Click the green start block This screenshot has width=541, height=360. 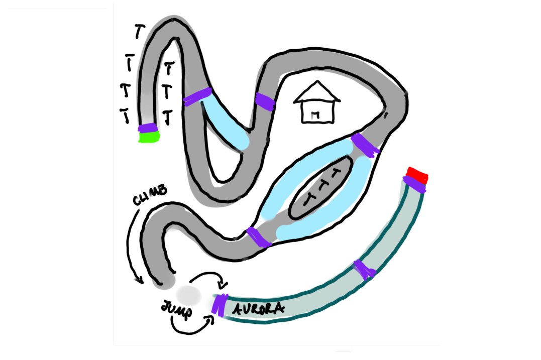148,137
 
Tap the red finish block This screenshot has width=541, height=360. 417,175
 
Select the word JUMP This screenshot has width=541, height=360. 177,309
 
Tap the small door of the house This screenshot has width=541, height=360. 315,116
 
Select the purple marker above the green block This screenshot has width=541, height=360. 148,128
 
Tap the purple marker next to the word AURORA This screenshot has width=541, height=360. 220,304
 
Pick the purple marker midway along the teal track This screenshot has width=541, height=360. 365,270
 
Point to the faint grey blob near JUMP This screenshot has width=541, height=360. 188,293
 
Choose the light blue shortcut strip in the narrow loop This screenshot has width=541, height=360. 226,124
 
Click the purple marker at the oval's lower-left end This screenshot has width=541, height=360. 259,237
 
